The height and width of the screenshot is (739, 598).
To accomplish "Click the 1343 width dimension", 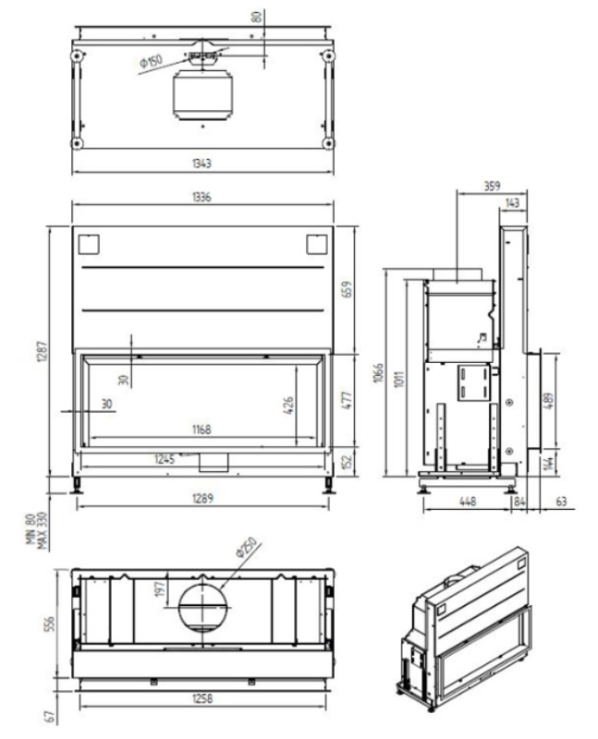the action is click(x=201, y=164).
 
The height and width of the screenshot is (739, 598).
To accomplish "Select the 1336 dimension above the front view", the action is click(x=201, y=197).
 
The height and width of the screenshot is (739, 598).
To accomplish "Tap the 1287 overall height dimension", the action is click(x=42, y=352).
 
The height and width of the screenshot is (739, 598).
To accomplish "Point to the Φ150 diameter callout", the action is click(x=151, y=61).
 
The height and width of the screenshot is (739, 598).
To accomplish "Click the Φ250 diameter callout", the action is click(x=247, y=547).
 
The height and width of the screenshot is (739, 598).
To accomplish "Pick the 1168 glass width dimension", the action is click(x=201, y=430).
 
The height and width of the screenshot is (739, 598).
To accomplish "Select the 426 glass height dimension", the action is click(x=288, y=406).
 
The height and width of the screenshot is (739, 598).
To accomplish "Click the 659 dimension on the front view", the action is click(x=347, y=289).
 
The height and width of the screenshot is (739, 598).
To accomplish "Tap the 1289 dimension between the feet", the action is click(x=202, y=498).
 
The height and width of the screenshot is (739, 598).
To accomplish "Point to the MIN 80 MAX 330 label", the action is click(x=37, y=530).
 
